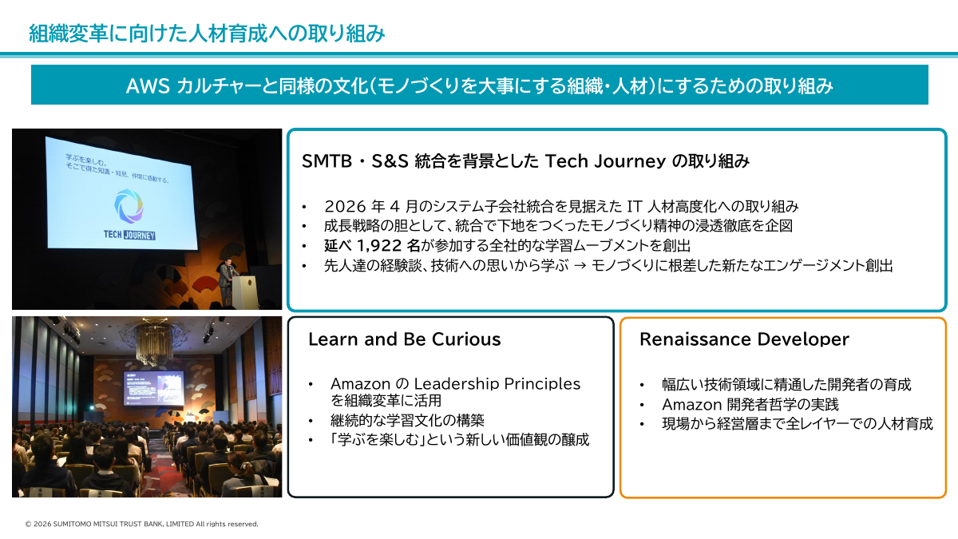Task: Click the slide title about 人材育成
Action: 207,34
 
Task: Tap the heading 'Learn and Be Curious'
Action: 404,339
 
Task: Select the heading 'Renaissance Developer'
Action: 744,339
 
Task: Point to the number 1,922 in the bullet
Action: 379,246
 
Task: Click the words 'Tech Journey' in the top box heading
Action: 605,161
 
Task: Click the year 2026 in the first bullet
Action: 345,207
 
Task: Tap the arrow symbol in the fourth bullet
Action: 580,266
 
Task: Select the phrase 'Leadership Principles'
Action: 497,384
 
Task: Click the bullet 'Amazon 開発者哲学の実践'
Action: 750,404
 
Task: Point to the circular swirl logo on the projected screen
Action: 129,206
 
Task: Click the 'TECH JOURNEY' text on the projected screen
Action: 129,235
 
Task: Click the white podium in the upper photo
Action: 246,291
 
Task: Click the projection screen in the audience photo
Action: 154,388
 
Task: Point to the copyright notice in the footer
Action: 141,524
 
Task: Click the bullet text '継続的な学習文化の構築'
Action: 407,421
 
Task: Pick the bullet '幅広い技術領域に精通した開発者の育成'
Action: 786,385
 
